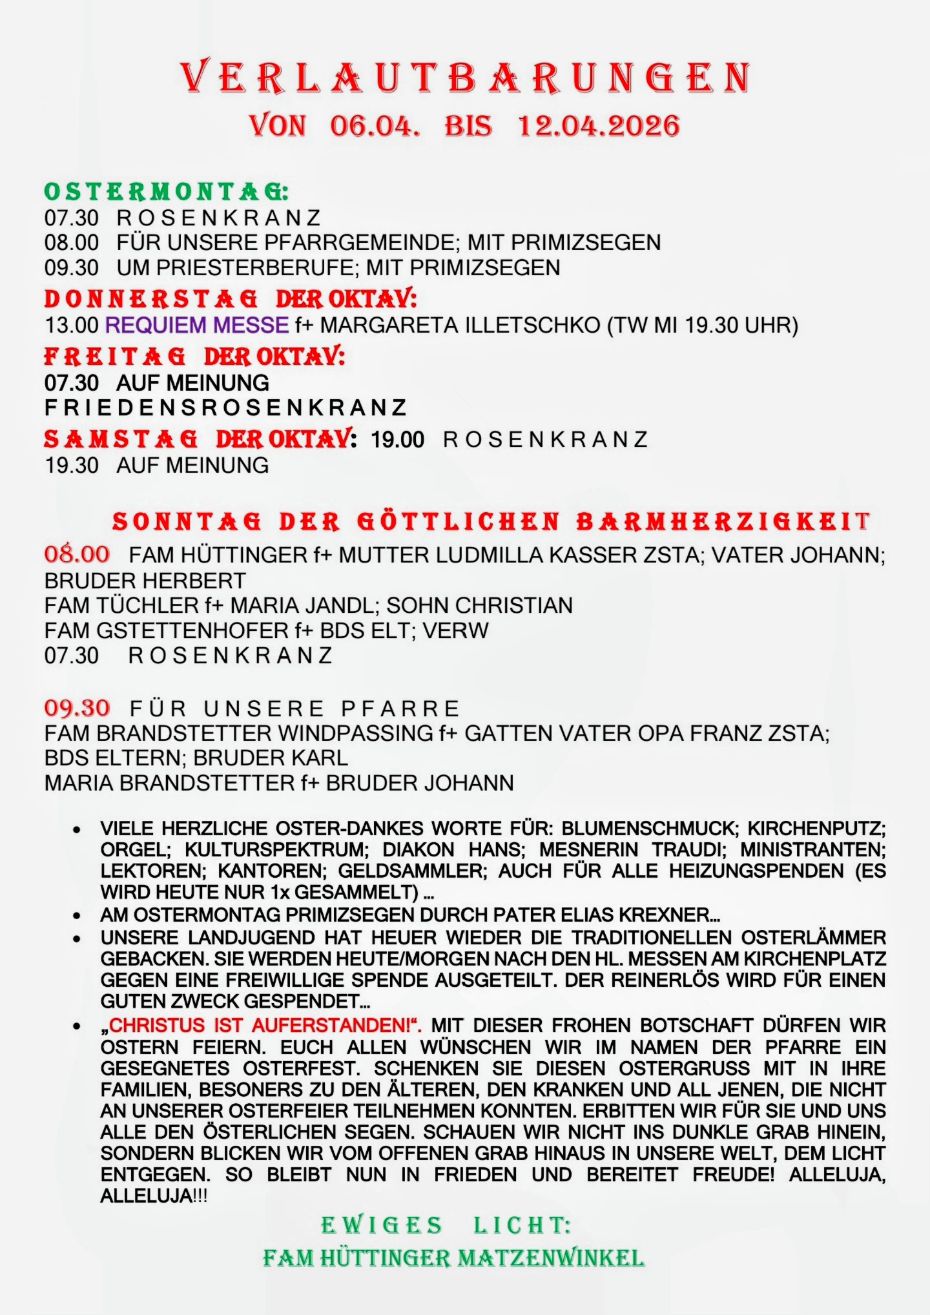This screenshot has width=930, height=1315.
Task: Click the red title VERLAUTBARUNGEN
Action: tap(465, 78)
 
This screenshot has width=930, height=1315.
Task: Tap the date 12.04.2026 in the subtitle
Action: tap(599, 125)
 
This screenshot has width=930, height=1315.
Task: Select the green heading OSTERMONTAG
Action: tap(165, 192)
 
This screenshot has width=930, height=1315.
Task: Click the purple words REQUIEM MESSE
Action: tap(197, 325)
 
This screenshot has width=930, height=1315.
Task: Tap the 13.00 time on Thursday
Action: tap(71, 325)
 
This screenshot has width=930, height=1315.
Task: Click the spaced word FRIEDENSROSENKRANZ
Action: tap(226, 408)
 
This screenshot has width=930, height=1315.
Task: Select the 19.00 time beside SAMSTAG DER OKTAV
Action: tap(397, 440)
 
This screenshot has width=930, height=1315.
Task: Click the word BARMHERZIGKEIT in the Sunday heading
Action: tap(723, 522)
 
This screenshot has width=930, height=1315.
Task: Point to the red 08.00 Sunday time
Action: tap(77, 554)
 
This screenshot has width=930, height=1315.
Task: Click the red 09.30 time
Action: tap(77, 708)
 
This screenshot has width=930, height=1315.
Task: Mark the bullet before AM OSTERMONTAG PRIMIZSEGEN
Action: tap(77, 916)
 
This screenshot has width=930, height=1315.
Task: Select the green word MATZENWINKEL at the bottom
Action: tap(551, 1258)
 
